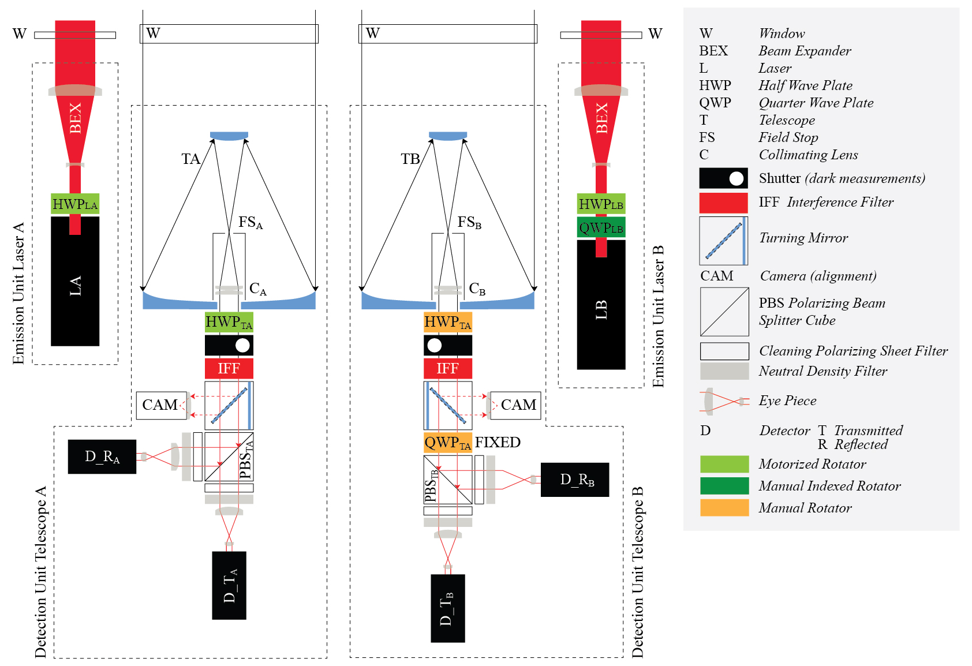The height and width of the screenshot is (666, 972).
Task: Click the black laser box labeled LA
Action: (x=75, y=286)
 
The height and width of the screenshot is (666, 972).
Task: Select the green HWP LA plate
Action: (x=75, y=204)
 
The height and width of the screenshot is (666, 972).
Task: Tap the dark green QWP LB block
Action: (x=601, y=227)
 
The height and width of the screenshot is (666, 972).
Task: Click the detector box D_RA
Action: (x=102, y=457)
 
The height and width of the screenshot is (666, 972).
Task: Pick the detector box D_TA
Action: (x=229, y=585)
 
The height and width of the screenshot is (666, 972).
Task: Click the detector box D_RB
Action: (x=575, y=480)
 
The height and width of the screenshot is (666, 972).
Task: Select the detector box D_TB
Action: (x=447, y=608)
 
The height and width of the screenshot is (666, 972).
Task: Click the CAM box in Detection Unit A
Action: (x=160, y=405)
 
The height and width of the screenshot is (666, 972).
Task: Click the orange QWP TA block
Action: (x=447, y=443)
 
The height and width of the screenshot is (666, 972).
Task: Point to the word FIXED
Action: (x=498, y=442)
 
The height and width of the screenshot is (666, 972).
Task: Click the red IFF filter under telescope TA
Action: (x=229, y=368)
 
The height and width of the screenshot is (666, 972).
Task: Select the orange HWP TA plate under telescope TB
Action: (x=447, y=322)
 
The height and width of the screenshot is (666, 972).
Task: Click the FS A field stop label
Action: (x=251, y=222)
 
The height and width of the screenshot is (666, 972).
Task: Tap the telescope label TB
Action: (x=410, y=159)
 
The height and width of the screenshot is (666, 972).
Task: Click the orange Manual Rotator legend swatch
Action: (x=724, y=507)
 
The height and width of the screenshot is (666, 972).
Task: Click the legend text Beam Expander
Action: (x=805, y=51)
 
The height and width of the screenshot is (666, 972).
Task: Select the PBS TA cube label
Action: (x=246, y=461)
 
